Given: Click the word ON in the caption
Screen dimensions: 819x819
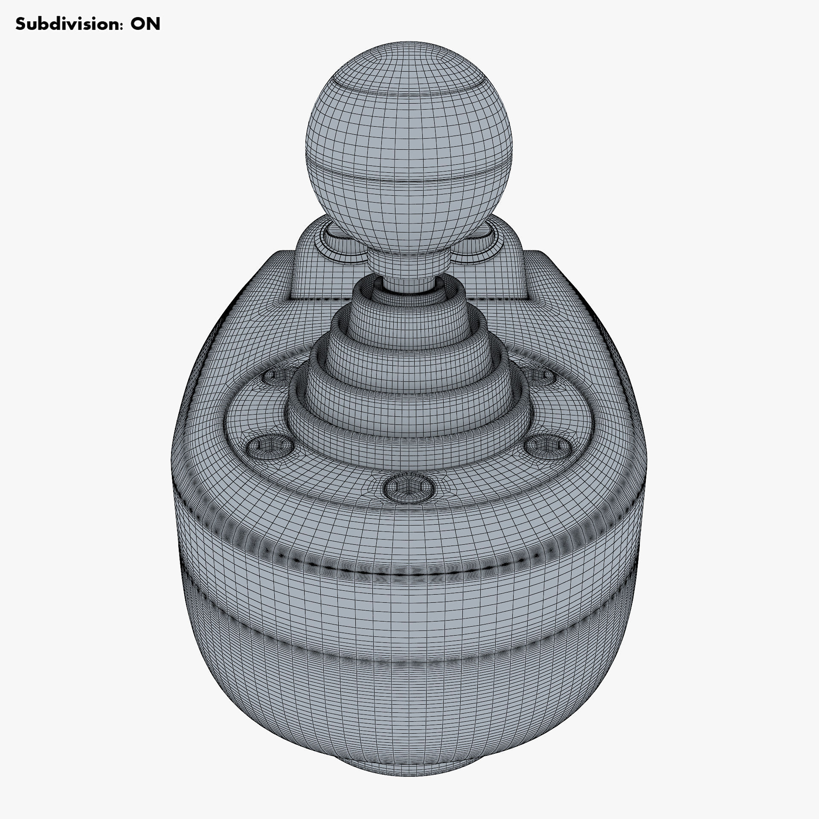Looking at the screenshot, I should point(145,24).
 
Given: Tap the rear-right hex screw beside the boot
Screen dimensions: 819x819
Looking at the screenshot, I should point(540,375).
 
